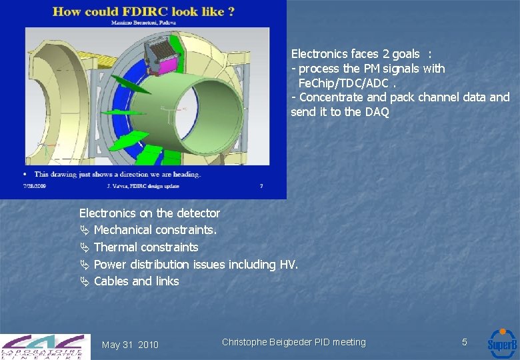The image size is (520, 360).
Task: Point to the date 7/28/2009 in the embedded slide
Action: [x=35, y=186]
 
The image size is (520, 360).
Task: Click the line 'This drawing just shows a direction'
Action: [x=117, y=174]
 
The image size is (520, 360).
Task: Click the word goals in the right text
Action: [x=406, y=54]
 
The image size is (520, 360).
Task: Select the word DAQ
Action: [x=377, y=112]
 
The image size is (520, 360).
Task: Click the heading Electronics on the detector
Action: [x=149, y=213]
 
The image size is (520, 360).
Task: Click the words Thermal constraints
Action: [x=146, y=247]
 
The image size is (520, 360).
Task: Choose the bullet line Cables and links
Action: [x=136, y=281]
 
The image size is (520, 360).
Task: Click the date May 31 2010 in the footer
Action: [x=130, y=345]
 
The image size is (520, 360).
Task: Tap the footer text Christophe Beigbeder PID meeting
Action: [x=293, y=342]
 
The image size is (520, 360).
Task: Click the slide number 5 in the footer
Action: [x=465, y=342]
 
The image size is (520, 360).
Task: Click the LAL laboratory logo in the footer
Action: [x=44, y=346]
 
